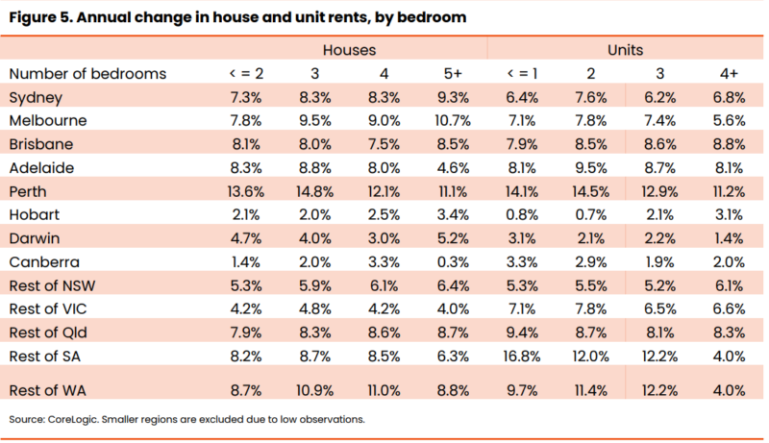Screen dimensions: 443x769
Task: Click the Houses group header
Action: tap(348, 49)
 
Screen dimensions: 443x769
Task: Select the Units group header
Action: tap(625, 49)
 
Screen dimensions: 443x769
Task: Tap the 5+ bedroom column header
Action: tap(456, 73)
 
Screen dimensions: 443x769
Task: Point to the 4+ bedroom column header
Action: tap(728, 73)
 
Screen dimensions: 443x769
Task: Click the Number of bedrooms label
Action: tap(87, 73)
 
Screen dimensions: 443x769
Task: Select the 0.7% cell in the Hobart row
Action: tap(591, 213)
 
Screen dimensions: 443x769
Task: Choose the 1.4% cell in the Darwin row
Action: tap(728, 237)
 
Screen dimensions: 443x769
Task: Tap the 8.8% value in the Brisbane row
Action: tap(728, 143)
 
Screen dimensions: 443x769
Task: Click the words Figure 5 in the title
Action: tap(38, 15)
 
